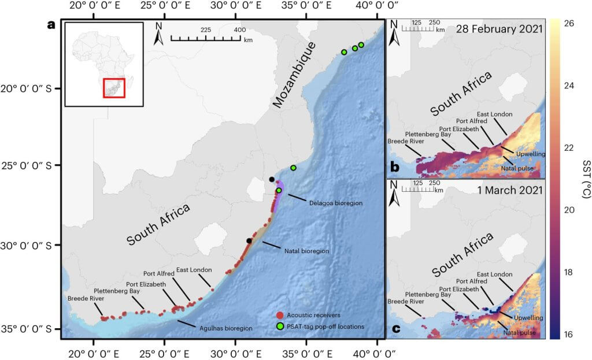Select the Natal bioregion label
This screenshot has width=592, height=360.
tap(306, 251)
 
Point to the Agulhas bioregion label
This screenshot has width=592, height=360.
tap(227, 328)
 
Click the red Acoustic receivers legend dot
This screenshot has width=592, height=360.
tap(279, 315)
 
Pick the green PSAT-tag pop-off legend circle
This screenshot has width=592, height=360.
tap(279, 326)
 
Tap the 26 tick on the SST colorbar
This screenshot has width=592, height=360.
tap(569, 24)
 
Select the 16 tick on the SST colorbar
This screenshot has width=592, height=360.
tap(569, 335)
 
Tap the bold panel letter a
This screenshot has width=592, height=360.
tap(53, 25)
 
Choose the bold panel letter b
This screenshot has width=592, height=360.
tap(395, 167)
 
